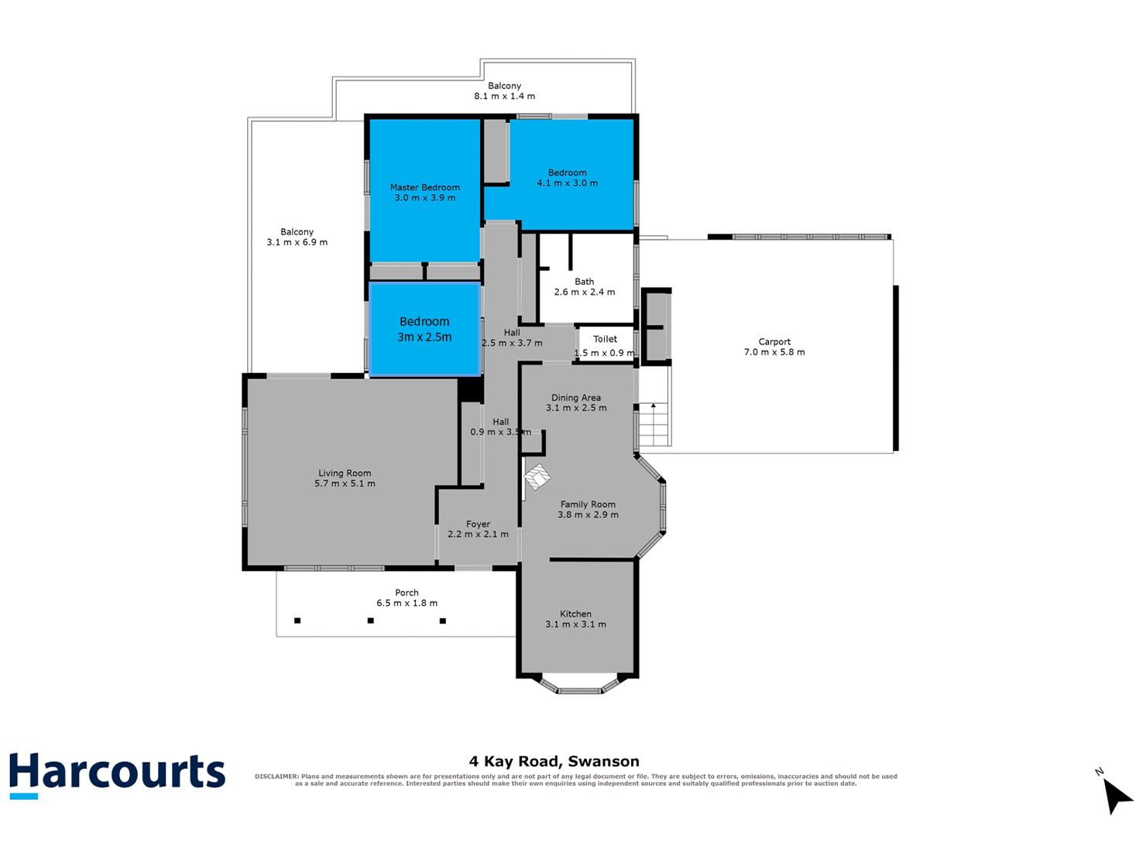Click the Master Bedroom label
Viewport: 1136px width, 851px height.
pyautogui.click(x=424, y=187)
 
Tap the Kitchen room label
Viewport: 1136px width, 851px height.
pyautogui.click(x=575, y=613)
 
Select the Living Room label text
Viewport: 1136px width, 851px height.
pyautogui.click(x=344, y=473)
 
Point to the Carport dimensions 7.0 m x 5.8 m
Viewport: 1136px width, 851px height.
pyautogui.click(x=774, y=352)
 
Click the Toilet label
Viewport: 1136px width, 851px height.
pyautogui.click(x=605, y=339)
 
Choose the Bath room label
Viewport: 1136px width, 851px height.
pyautogui.click(x=584, y=282)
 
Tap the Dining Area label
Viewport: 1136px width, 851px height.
pyautogui.click(x=575, y=398)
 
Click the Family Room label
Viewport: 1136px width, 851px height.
pyautogui.click(x=588, y=504)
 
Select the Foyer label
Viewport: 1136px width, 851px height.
pyautogui.click(x=477, y=524)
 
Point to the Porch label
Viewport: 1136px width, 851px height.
pyautogui.click(x=407, y=593)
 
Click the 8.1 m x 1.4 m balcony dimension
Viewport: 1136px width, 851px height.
pyautogui.click(x=504, y=96)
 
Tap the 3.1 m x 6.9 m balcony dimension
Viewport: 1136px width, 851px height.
pyautogui.click(x=297, y=242)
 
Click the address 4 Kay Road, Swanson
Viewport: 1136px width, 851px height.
pyautogui.click(x=554, y=761)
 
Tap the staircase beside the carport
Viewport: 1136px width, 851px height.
pyautogui.click(x=654, y=424)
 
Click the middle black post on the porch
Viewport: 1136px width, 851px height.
pyautogui.click(x=370, y=620)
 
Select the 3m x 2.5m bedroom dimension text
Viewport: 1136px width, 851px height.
pyautogui.click(x=424, y=337)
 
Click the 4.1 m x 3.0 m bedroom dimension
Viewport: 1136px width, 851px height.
pyautogui.click(x=567, y=183)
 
